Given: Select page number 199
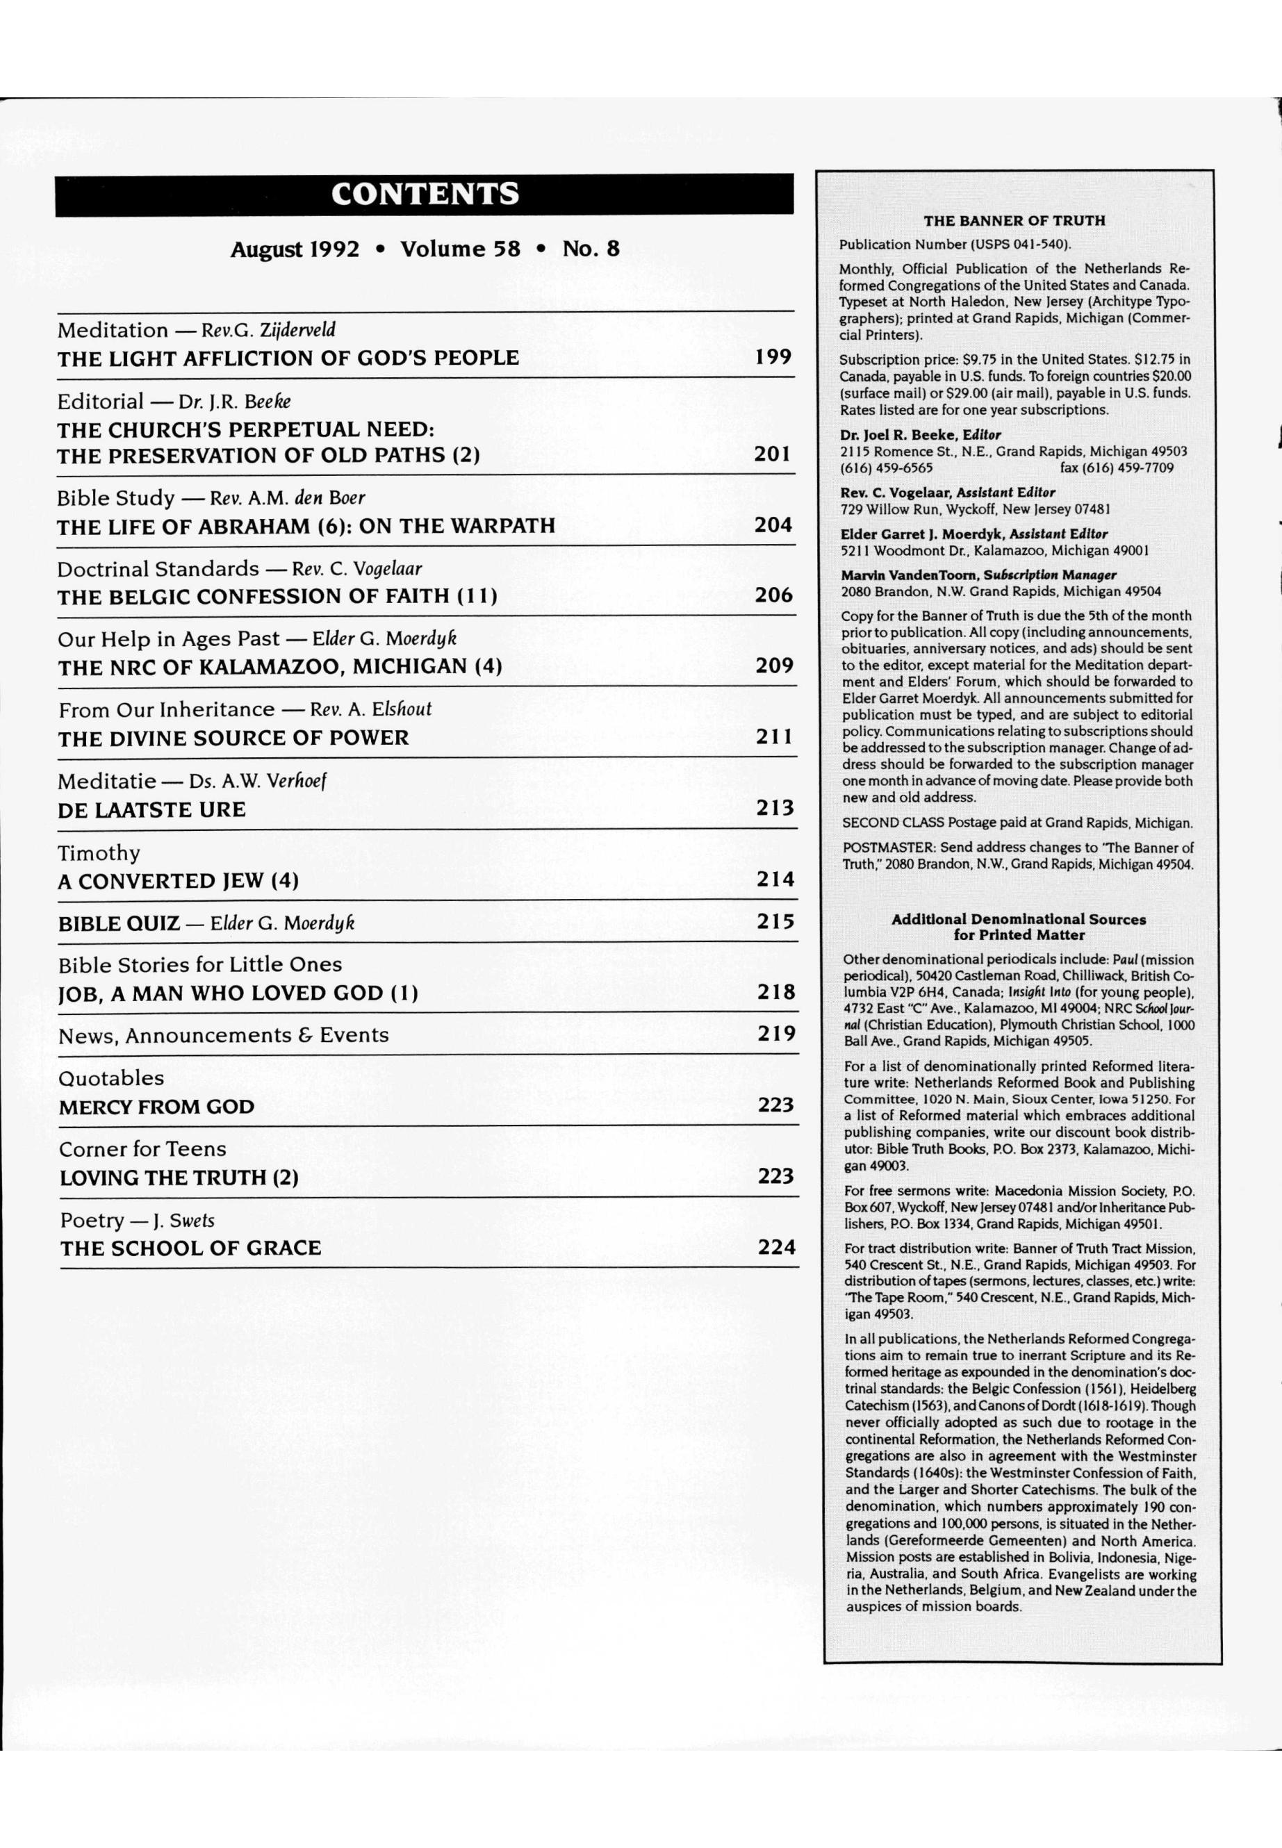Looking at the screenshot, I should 773,356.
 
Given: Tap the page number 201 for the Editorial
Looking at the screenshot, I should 772,454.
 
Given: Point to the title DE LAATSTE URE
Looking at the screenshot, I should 151,809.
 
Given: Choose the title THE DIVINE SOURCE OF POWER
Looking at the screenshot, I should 233,738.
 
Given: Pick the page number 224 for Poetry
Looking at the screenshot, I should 777,1247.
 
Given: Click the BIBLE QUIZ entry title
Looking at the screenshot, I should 119,923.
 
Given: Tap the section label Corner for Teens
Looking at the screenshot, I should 142,1149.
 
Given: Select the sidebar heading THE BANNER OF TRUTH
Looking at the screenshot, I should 1014,221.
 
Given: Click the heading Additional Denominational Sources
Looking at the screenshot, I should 1018,920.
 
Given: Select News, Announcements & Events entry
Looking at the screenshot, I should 223,1035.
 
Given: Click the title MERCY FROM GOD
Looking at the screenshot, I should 156,1107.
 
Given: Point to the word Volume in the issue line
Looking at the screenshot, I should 460,249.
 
